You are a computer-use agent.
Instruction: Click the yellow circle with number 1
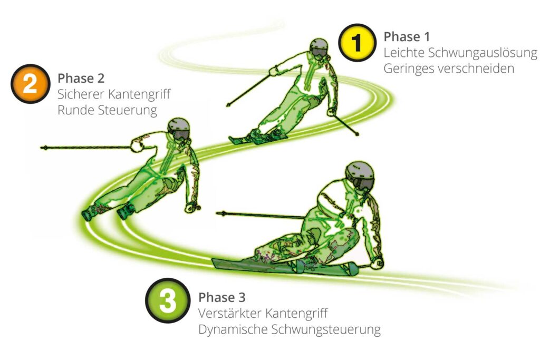(x=357, y=43)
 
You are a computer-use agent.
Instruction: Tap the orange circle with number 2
(x=30, y=84)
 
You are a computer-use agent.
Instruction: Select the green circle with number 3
(x=168, y=300)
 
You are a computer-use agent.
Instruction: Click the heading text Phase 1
(x=407, y=37)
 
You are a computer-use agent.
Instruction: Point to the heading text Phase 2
(x=81, y=78)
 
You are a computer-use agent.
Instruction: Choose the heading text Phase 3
(x=222, y=297)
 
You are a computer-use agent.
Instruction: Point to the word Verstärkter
(x=229, y=313)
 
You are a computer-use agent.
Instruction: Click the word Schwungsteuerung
(x=326, y=330)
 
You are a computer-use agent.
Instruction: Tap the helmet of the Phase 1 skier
(x=319, y=47)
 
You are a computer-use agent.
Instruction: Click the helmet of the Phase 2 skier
(x=179, y=129)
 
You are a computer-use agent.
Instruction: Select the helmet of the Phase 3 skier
(x=360, y=175)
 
